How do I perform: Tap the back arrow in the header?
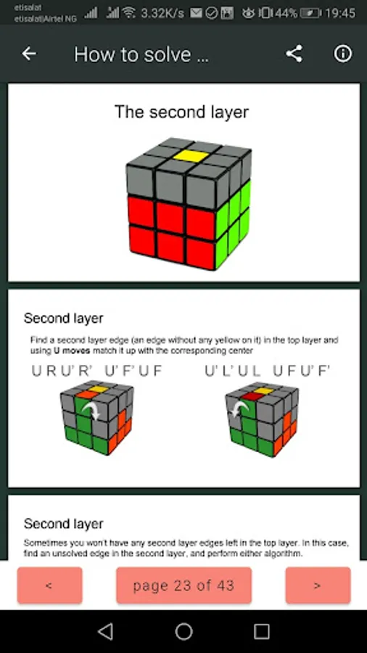coord(29,54)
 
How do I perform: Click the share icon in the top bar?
coord(294,54)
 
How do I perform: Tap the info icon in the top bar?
coord(343,54)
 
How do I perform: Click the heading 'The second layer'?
coord(182,112)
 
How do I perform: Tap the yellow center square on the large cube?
coord(191,156)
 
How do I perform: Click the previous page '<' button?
coord(49,585)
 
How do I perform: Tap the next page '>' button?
coord(318,585)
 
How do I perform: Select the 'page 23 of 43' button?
coord(183,585)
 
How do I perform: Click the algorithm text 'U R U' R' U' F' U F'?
coord(97,371)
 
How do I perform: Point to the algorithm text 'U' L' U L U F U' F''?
coord(268,371)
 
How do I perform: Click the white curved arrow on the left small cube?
coord(92,410)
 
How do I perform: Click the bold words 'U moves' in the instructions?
coord(72,350)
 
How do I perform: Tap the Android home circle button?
coord(183,632)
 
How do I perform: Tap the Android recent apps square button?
coord(261,632)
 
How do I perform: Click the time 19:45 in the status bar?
coord(340,13)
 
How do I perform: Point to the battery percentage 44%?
coord(286,13)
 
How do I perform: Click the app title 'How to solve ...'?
coord(141,54)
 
